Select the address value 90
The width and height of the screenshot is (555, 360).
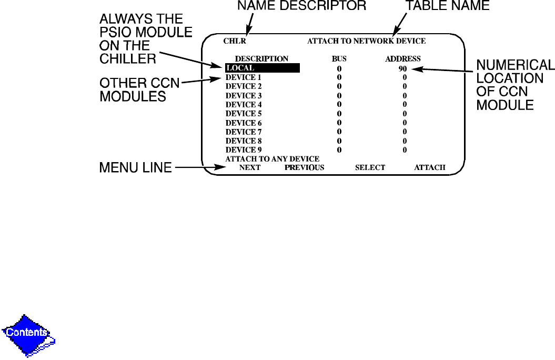(x=402, y=68)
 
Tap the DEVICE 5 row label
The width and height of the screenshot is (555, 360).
(x=244, y=114)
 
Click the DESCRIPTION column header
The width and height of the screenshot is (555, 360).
(x=261, y=58)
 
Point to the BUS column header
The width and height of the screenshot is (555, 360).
(x=339, y=58)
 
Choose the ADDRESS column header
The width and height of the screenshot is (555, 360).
(x=402, y=58)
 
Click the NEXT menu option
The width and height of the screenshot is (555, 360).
(x=250, y=167)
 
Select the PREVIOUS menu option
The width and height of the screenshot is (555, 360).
(x=304, y=167)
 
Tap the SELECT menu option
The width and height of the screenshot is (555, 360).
(x=370, y=167)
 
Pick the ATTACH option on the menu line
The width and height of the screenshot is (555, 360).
(x=429, y=167)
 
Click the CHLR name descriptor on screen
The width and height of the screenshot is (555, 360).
(x=235, y=41)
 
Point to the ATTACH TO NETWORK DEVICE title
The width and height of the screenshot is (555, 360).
(x=366, y=41)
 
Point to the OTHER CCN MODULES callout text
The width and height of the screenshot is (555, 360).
(x=140, y=89)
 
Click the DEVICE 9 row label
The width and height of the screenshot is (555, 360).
(x=244, y=150)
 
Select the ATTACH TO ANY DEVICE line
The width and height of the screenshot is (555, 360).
(x=272, y=158)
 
